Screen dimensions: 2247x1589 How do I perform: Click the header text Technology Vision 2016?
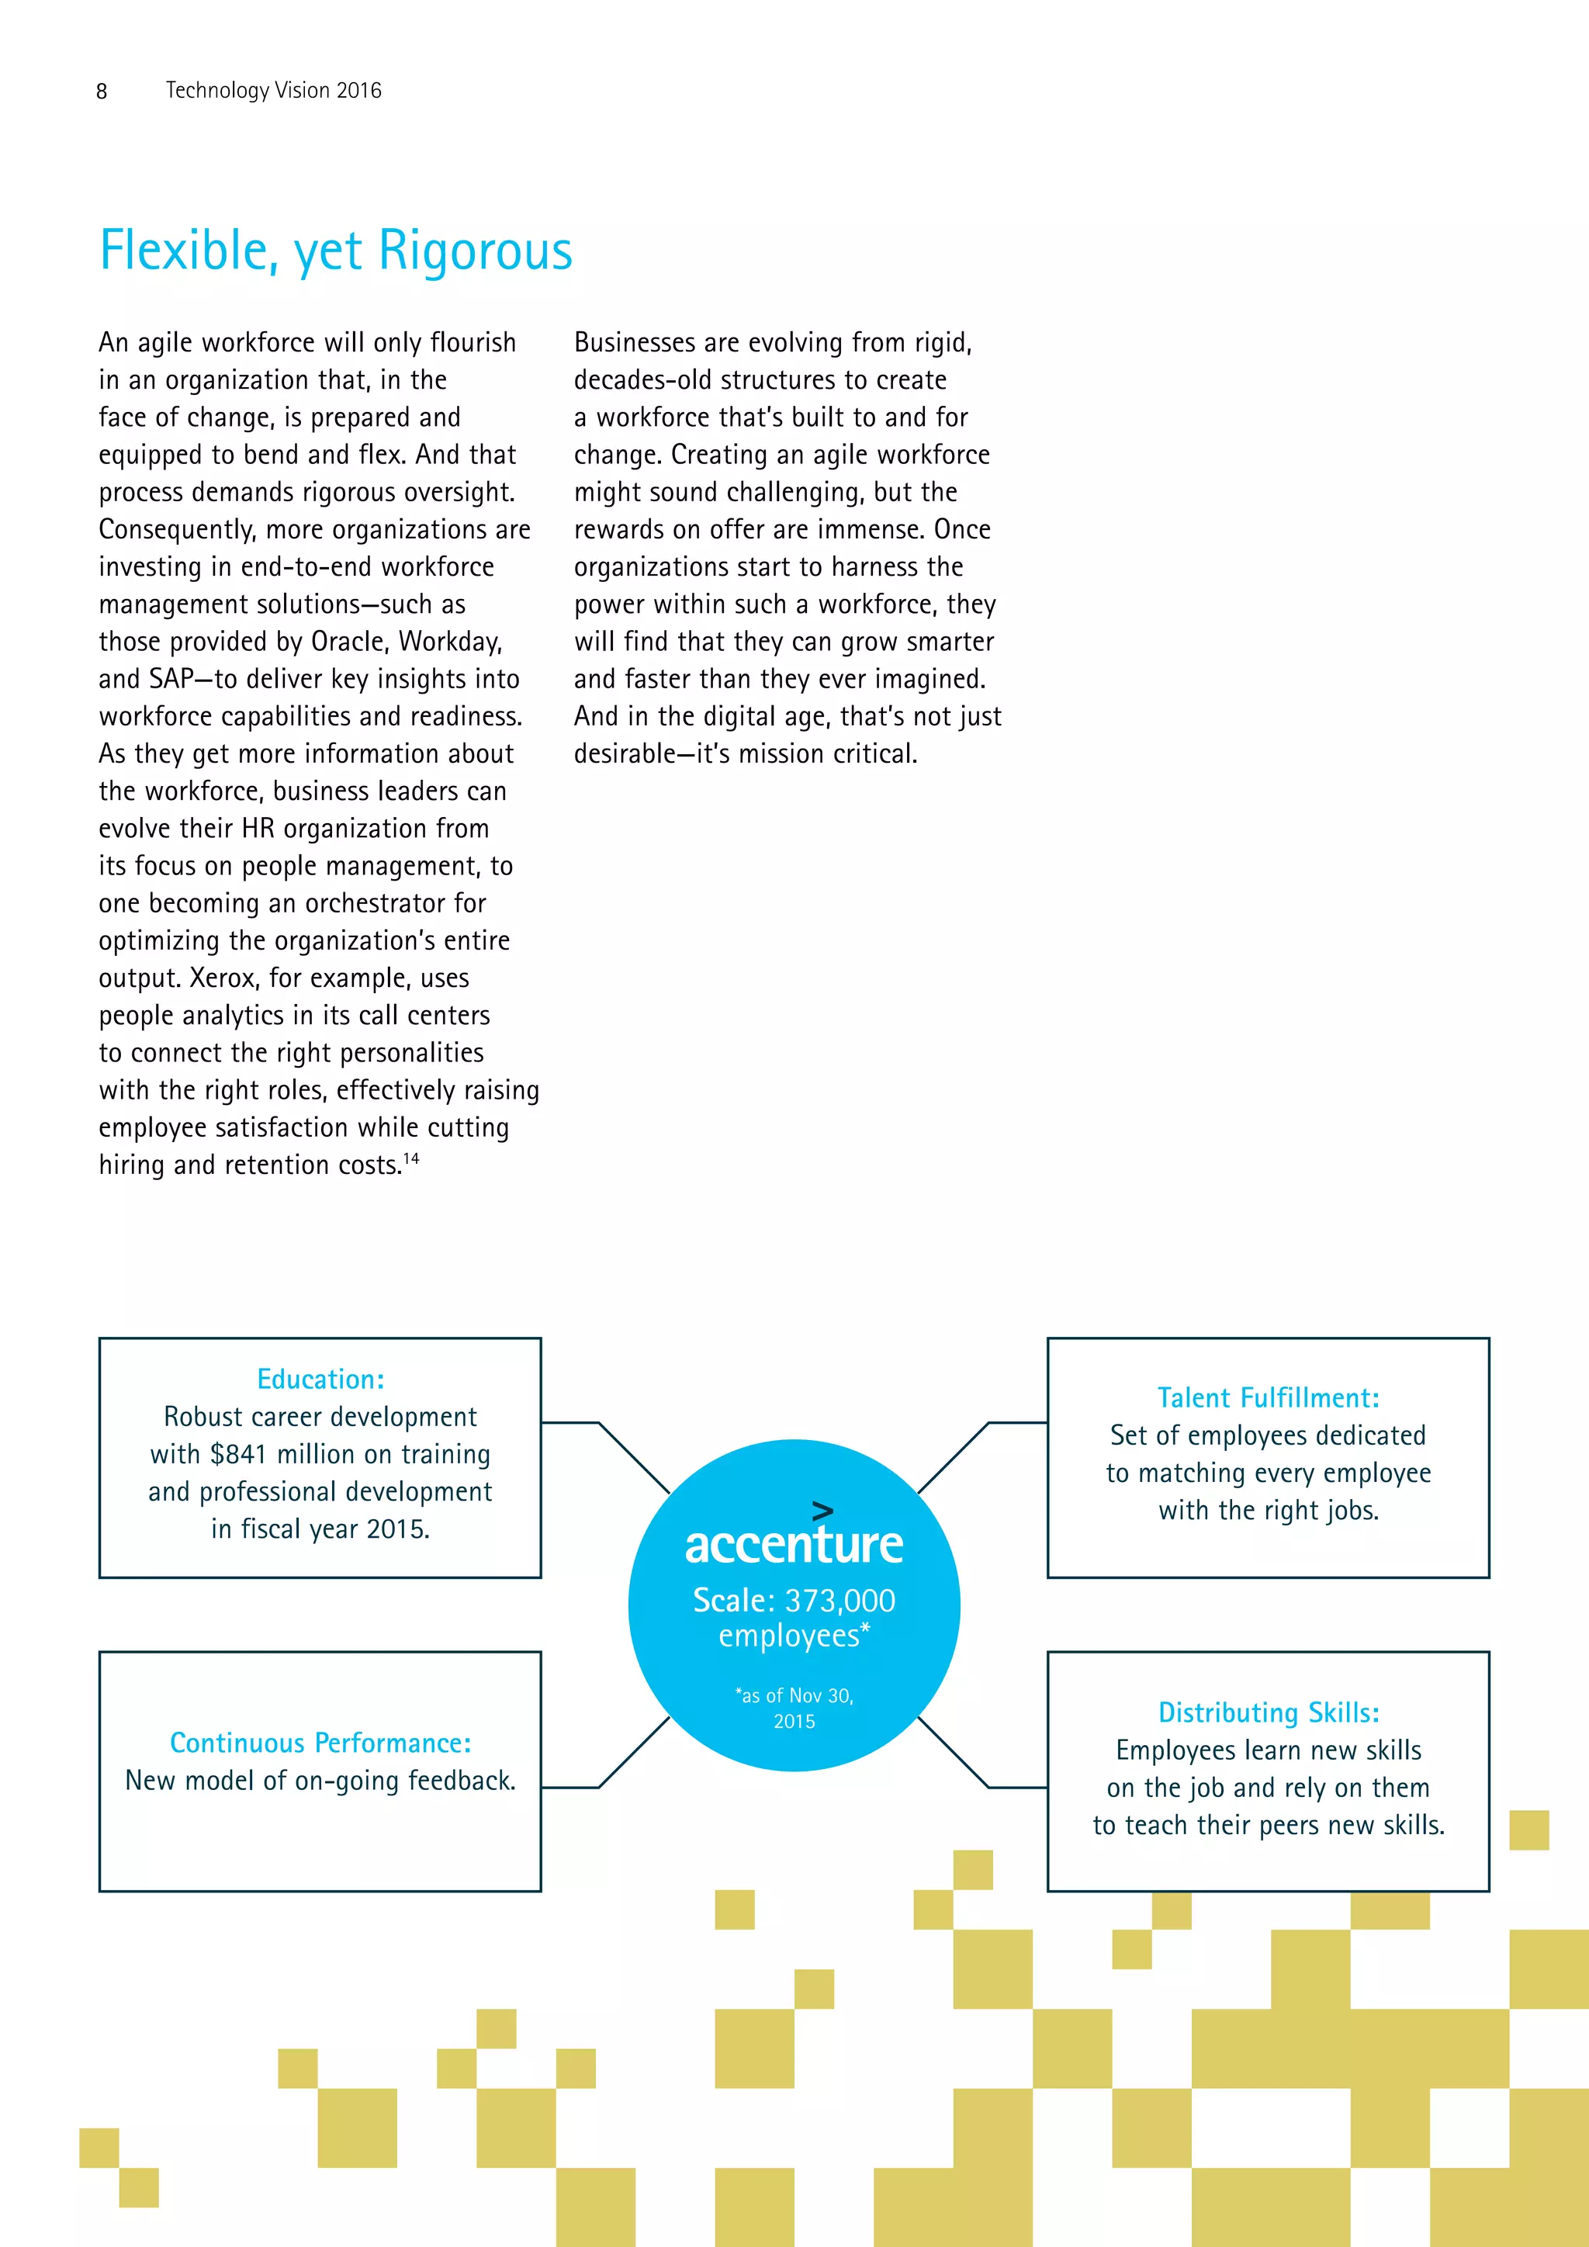tap(273, 90)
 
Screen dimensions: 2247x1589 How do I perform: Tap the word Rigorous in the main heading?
tap(475, 251)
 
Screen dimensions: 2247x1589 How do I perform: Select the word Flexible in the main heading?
tap(184, 251)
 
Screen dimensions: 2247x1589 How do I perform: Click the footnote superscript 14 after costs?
tap(411, 1158)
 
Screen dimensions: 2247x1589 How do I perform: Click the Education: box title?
tap(320, 1379)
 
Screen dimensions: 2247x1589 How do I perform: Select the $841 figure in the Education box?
tap(237, 1454)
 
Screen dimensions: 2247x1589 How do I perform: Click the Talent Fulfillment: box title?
tap(1268, 1397)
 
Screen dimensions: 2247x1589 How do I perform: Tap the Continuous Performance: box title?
tap(320, 1743)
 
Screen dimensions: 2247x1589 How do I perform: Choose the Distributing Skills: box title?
tap(1268, 1712)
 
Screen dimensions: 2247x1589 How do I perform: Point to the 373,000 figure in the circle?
tap(840, 1600)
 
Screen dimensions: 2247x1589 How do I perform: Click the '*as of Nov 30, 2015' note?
tap(794, 1708)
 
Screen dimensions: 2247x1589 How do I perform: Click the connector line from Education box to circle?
tap(632, 1456)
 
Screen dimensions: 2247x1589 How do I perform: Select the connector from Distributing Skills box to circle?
tap(954, 1752)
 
